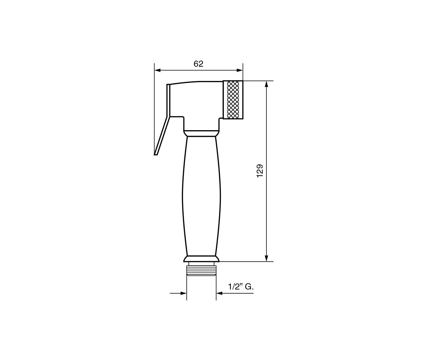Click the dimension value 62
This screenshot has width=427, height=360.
click(198, 64)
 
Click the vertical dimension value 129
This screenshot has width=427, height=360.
click(260, 171)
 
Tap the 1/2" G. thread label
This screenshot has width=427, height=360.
click(241, 287)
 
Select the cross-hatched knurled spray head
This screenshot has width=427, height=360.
click(233, 100)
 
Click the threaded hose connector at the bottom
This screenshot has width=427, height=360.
click(201, 270)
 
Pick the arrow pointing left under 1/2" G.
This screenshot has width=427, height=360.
click(220, 293)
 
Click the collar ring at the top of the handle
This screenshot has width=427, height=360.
click(201, 133)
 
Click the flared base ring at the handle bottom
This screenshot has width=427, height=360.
click(201, 259)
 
